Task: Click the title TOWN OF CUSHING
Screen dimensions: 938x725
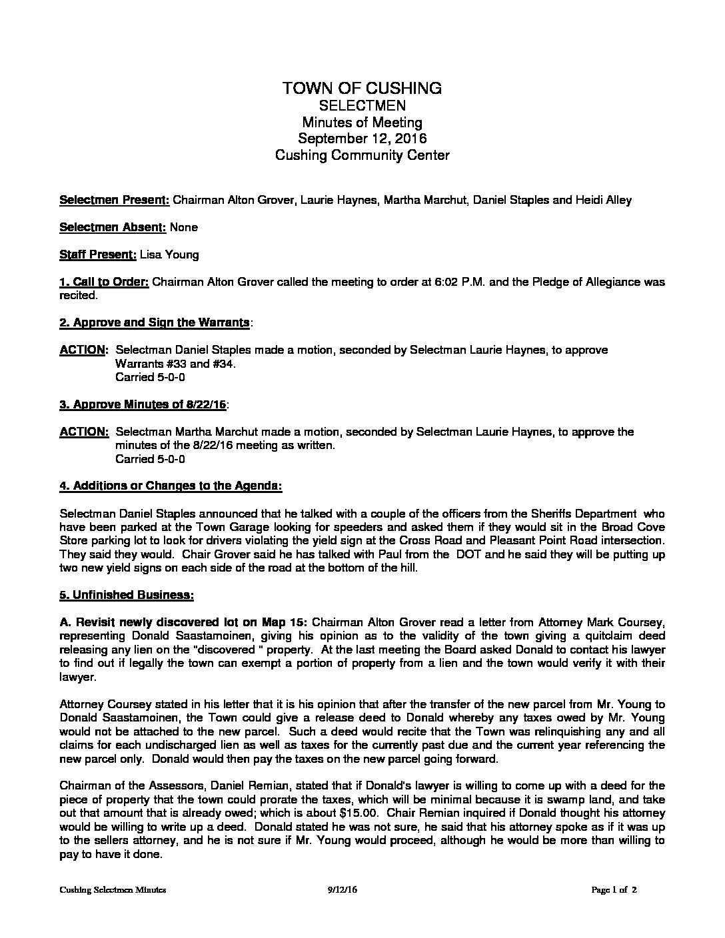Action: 362,88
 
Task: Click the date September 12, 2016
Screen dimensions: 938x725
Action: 362,139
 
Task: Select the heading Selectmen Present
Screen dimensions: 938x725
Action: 115,200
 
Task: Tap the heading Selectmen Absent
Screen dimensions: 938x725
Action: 112,227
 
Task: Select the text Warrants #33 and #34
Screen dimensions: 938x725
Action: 175,364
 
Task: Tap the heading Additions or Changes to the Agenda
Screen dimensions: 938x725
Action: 171,486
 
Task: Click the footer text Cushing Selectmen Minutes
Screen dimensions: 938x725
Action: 113,889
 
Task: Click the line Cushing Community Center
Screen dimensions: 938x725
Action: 362,155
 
